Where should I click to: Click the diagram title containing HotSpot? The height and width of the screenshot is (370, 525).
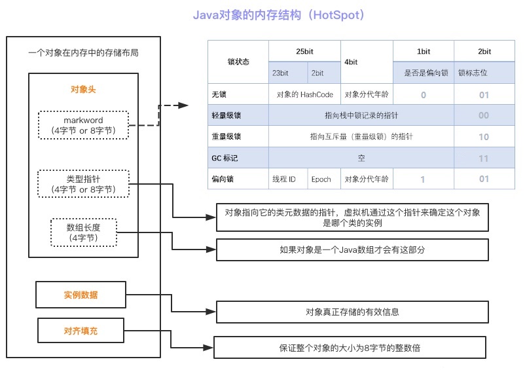[x=279, y=15]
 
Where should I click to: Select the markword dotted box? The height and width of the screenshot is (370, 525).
[x=83, y=125]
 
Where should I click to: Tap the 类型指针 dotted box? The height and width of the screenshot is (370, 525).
[x=83, y=184]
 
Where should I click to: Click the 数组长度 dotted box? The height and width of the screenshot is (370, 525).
[x=84, y=232]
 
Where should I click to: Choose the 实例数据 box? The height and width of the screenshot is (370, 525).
[x=81, y=295]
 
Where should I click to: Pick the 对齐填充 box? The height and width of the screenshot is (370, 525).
[x=81, y=331]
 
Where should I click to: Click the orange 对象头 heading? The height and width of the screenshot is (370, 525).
[x=83, y=90]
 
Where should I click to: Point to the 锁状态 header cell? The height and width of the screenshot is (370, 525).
[x=238, y=62]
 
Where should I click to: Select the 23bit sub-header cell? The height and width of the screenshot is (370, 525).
[x=288, y=73]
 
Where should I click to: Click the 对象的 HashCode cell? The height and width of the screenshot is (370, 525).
[x=304, y=94]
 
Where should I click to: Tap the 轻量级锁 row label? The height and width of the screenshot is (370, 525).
[x=238, y=115]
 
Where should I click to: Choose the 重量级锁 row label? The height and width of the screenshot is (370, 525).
[x=238, y=136]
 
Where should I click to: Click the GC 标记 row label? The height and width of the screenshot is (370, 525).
[x=238, y=158]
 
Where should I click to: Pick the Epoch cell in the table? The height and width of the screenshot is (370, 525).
[x=324, y=179]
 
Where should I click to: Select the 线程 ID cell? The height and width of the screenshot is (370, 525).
[x=288, y=179]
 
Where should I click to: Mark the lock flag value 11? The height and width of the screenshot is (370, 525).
[x=484, y=158]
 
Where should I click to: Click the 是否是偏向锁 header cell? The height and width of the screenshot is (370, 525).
[x=424, y=73]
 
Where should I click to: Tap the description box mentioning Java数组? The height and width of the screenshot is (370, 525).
[x=352, y=250]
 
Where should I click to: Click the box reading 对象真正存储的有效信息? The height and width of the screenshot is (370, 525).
[x=352, y=312]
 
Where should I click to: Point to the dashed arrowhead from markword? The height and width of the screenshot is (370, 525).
[x=183, y=105]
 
